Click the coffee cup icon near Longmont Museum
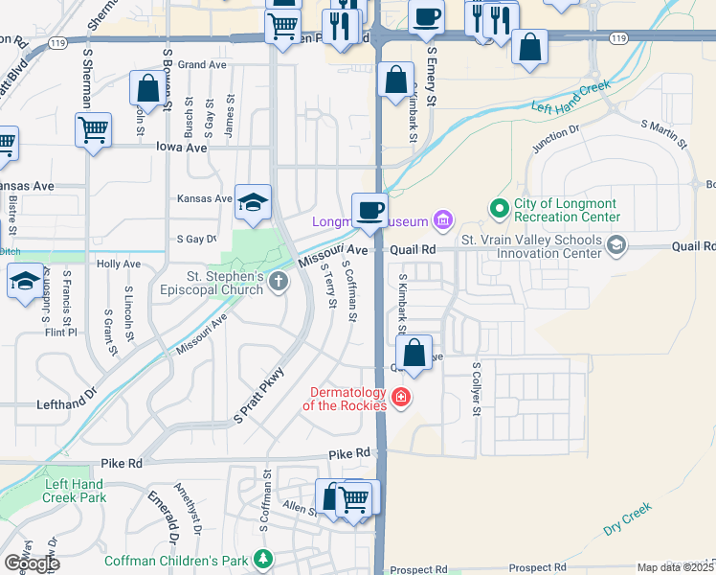[x=369, y=210]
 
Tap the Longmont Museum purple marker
[x=441, y=222]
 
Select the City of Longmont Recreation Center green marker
[x=498, y=207]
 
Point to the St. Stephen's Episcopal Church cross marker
[x=279, y=281]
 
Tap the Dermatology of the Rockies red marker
[x=401, y=398]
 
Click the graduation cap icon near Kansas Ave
[x=254, y=202]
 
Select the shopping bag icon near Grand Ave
[x=148, y=89]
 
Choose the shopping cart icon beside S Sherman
[x=93, y=129]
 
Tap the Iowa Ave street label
[x=182, y=148]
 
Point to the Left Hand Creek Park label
[x=74, y=491]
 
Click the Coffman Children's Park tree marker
[x=263, y=560]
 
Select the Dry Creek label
[x=627, y=518]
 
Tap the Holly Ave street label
[x=119, y=264]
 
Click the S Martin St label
[x=665, y=133]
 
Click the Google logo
[x=32, y=563]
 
